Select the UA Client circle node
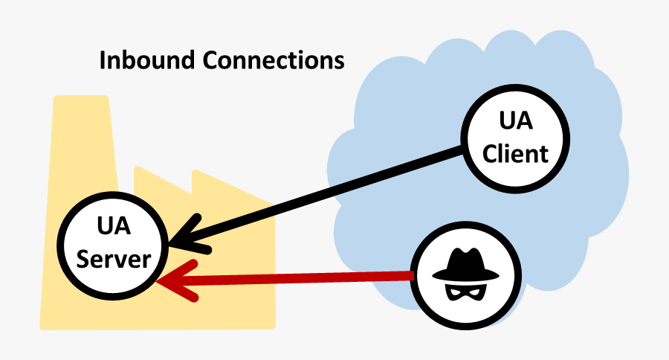pyautogui.click(x=514, y=141)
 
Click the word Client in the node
pyautogui.click(x=514, y=154)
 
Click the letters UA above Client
pyautogui.click(x=514, y=123)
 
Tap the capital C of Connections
pyautogui.click(x=193, y=60)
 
